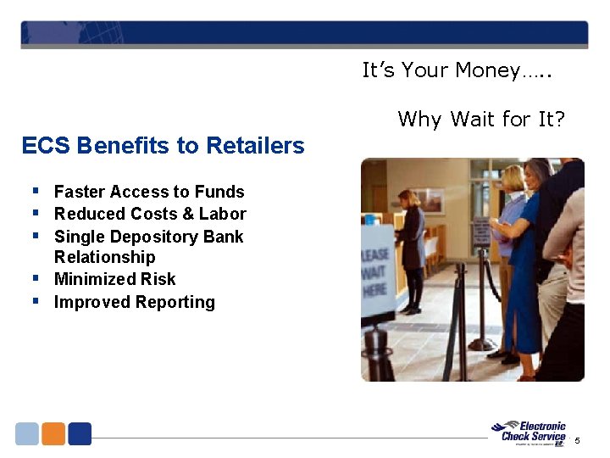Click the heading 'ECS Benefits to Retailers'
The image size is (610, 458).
[x=163, y=146]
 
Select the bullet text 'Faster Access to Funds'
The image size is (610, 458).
[x=149, y=193]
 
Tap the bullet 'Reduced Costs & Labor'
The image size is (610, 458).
[x=150, y=215]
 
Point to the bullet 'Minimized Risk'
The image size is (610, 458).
[x=114, y=280]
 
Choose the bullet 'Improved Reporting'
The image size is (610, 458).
[x=134, y=303]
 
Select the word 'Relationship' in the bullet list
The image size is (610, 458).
[x=104, y=258]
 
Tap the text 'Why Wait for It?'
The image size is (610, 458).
[x=480, y=120]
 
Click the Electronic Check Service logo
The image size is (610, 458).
[x=531, y=432]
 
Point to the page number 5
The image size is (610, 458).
[x=578, y=440]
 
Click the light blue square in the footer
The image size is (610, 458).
[x=27, y=434]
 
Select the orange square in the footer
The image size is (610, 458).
[x=53, y=434]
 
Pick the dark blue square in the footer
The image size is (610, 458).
[x=80, y=434]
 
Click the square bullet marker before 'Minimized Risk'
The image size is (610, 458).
[x=36, y=278]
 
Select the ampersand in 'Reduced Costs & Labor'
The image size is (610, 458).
[x=186, y=215]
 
